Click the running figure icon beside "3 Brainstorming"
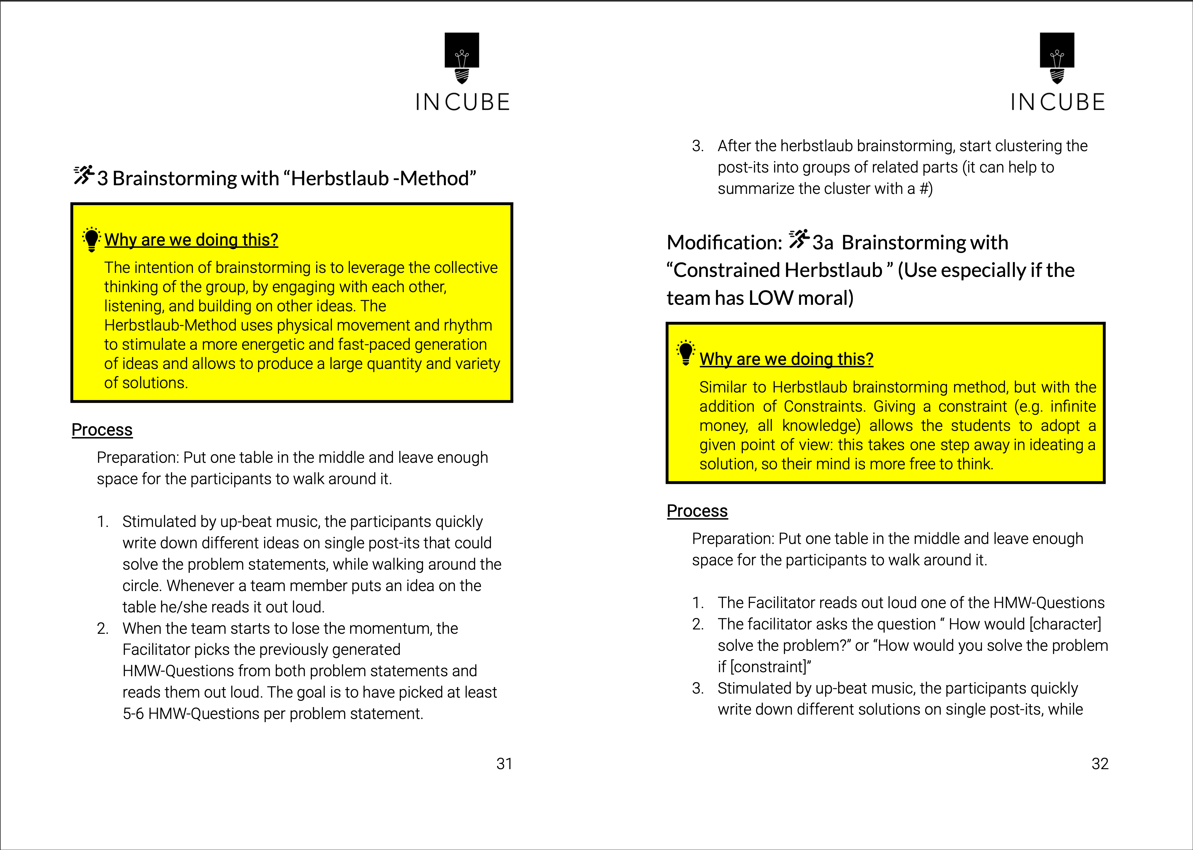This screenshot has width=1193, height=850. click(83, 175)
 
